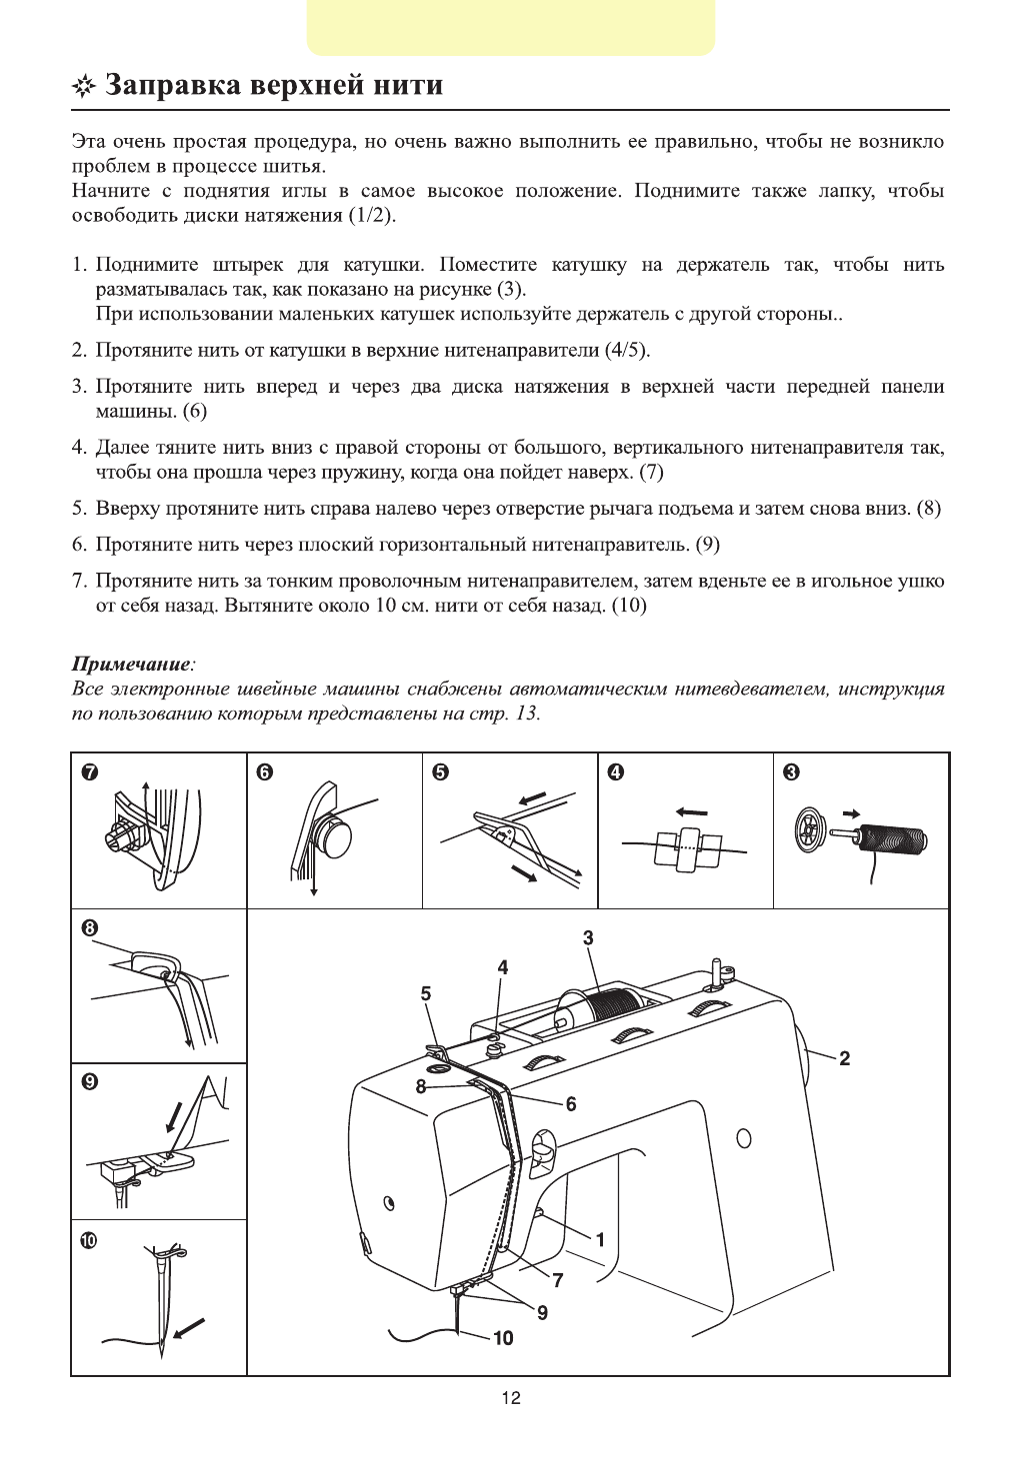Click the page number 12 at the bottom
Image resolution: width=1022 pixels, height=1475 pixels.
pos(511,1398)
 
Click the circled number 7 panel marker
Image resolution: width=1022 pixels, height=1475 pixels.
pos(90,771)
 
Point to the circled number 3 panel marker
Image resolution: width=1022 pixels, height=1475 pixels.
pos(792,771)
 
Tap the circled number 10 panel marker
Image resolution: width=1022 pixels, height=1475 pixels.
pos(90,1240)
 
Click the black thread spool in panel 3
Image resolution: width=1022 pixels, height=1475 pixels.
pos(895,831)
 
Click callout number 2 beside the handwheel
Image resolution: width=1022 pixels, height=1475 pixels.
pos(844,1059)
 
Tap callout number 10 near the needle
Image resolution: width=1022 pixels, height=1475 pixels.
pos(503,1338)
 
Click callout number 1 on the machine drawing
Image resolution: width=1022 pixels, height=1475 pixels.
pos(600,1240)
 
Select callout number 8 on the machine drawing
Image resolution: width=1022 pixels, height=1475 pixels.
pos(421,1086)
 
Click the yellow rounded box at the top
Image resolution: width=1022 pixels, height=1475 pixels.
pos(511,28)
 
